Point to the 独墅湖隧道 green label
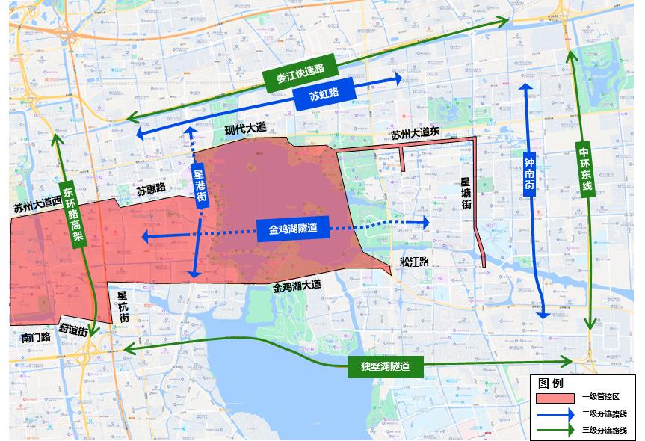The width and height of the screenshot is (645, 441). [386, 366]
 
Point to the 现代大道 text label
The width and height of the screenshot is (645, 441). [245, 129]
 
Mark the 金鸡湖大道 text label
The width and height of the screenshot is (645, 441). [296, 286]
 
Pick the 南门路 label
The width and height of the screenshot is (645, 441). [35, 337]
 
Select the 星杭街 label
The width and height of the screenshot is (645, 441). [123, 306]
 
